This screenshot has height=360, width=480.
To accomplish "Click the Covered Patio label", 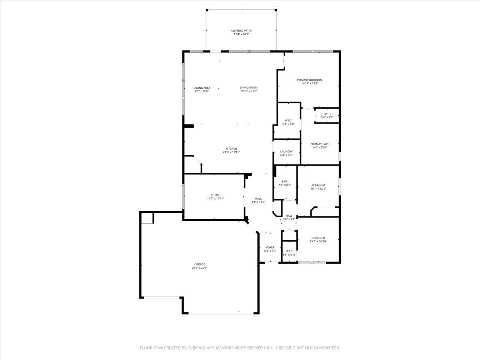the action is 241,31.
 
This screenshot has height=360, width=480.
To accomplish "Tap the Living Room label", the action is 249,88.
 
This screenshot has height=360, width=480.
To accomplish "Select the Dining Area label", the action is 202,88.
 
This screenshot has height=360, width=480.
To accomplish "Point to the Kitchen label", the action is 231,149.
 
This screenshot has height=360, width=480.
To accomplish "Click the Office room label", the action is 216,195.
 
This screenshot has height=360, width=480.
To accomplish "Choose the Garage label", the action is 200,264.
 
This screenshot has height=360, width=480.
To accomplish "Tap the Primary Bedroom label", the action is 310,80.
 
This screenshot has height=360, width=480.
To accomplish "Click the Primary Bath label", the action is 320,144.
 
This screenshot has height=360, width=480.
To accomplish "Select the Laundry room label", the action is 286,152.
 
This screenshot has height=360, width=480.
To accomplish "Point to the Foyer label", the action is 270,248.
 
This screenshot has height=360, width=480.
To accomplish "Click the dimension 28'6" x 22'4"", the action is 200,268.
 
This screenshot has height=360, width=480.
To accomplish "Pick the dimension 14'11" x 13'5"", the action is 310,83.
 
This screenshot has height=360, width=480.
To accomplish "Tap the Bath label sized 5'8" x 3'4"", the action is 327,114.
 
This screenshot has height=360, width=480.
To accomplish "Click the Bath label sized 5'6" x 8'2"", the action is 285,182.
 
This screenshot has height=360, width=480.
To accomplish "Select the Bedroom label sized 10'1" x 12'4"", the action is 318,185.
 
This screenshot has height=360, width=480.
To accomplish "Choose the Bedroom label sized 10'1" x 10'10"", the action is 318,238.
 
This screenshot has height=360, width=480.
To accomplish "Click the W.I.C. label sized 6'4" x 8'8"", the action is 288,120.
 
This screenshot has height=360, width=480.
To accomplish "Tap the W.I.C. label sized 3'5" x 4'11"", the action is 289,251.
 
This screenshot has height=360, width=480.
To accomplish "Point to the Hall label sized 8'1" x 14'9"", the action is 258,198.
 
